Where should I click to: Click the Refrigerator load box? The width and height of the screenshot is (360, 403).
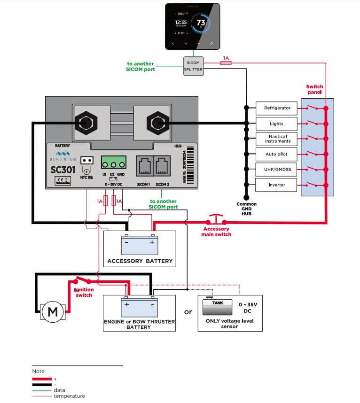click(x=277, y=108)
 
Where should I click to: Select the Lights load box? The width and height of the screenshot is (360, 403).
click(x=277, y=124)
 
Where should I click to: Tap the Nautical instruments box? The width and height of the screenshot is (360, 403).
click(x=277, y=139)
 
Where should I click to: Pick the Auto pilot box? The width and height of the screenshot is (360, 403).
click(x=277, y=154)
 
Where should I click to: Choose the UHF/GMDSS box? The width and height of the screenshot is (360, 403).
click(x=277, y=169)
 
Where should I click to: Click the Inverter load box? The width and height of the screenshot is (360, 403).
click(x=277, y=185)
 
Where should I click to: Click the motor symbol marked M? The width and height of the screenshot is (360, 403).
click(x=53, y=312)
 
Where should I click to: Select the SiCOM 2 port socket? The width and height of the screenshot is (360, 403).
click(x=162, y=166)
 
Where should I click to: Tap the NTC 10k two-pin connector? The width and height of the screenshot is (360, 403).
click(x=86, y=160)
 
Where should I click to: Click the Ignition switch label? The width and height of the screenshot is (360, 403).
click(x=84, y=292)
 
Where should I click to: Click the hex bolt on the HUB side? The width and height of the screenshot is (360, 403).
click(x=156, y=123)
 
